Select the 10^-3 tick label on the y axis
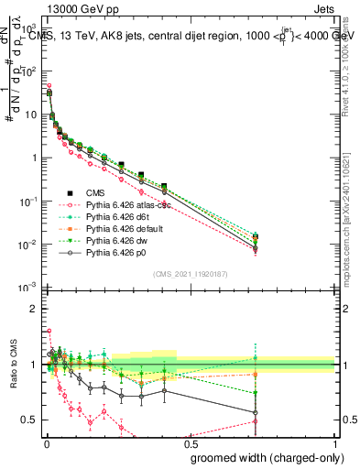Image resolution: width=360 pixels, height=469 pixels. pos(30,288)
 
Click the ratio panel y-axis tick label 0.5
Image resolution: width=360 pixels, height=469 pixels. pos(30,420)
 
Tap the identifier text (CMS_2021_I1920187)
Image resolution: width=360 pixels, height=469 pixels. pos(191,273)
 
